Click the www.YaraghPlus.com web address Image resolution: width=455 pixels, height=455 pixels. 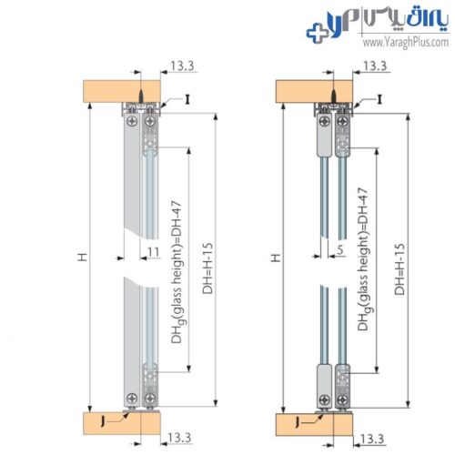click(x=406, y=43)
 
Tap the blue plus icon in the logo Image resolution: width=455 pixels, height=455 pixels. click(x=317, y=33)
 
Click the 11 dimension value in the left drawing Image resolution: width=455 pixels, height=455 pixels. click(x=154, y=252)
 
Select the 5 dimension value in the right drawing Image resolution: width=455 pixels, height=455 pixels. click(x=340, y=249)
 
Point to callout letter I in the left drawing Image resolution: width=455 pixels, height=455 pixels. click(x=187, y=99)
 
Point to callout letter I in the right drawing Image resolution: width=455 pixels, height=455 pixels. click(x=379, y=99)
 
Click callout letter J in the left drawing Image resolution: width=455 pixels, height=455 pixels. click(x=102, y=421)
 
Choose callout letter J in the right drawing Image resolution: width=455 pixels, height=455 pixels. click(x=298, y=422)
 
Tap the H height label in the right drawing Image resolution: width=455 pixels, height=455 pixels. click(x=276, y=258)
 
